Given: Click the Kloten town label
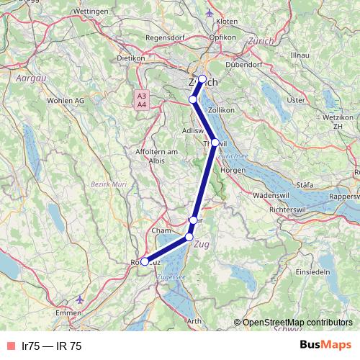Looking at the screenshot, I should [x=226, y=22].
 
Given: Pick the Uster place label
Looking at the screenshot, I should [x=296, y=100].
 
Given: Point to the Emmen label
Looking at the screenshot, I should [x=70, y=313].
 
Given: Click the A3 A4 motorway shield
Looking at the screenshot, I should [x=142, y=100].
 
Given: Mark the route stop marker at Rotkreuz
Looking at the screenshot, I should [x=145, y=262].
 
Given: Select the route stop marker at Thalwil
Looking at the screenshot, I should [x=215, y=143].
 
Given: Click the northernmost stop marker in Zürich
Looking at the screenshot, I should [x=202, y=79].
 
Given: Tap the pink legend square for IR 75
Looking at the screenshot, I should [x=9, y=346].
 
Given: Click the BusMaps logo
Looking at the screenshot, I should [x=326, y=346].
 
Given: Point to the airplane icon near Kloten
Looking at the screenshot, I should [x=209, y=12].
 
